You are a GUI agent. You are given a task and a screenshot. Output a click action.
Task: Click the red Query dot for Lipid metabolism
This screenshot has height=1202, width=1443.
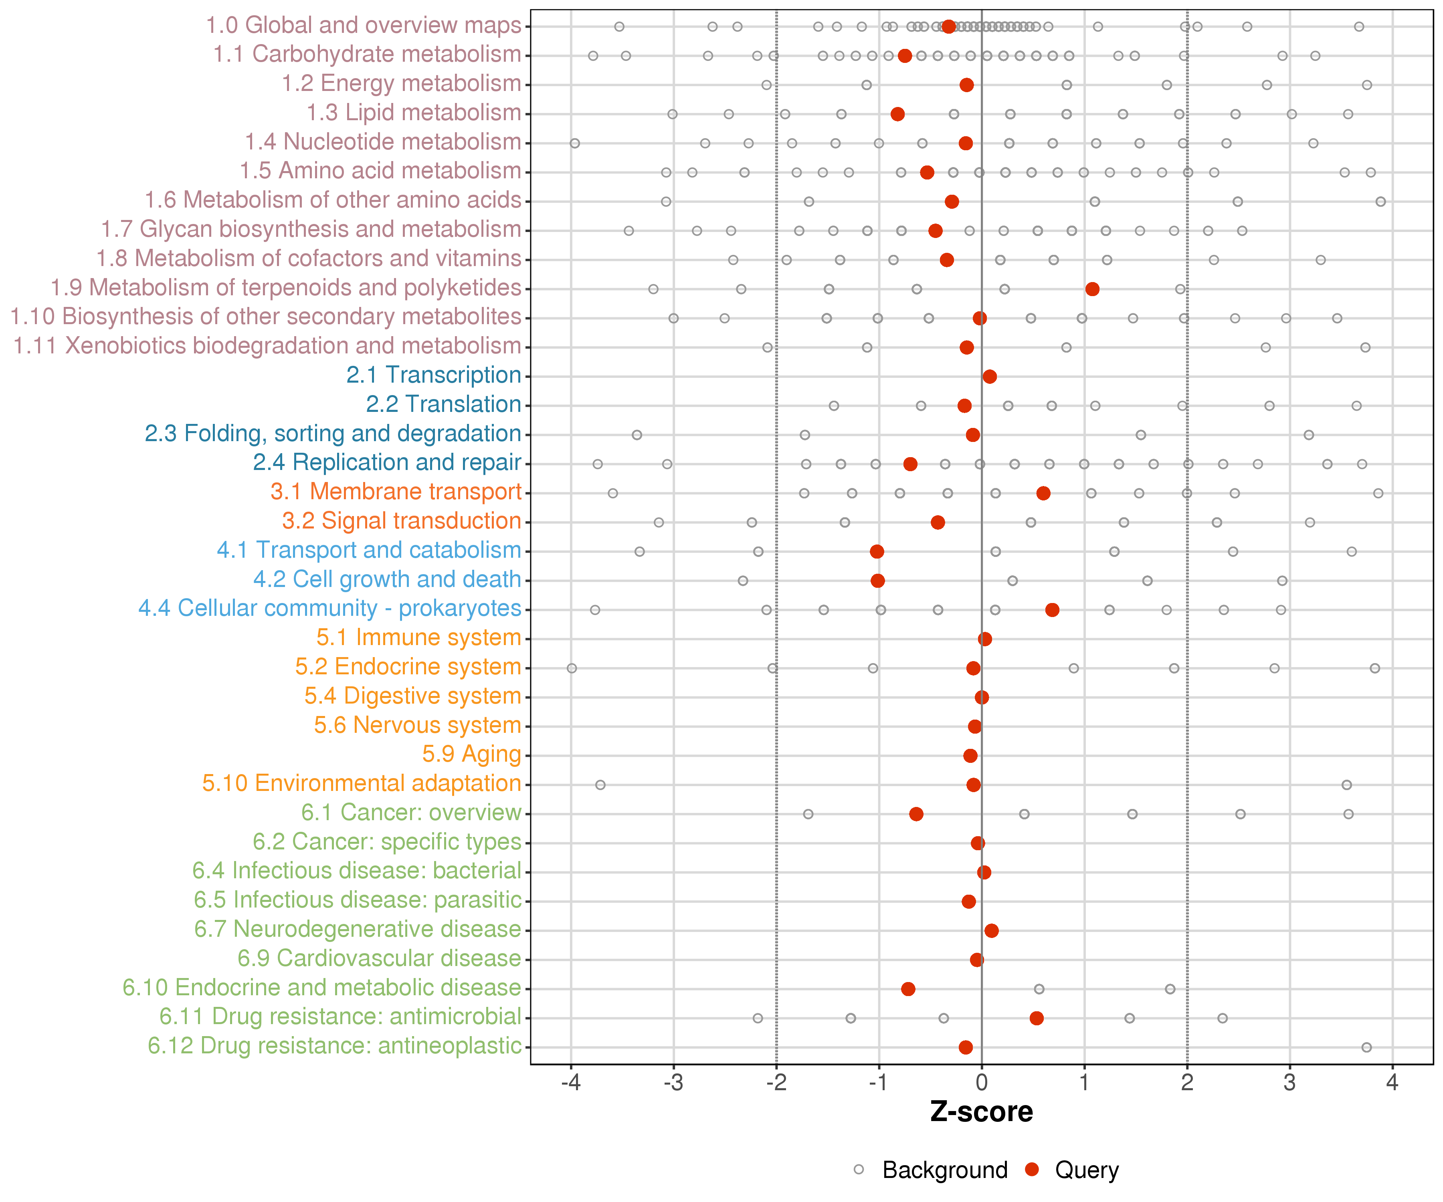point(897,114)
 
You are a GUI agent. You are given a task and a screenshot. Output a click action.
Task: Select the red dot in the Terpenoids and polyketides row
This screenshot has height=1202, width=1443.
point(1092,289)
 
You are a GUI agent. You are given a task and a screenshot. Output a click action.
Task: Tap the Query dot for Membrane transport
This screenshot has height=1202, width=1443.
point(1043,493)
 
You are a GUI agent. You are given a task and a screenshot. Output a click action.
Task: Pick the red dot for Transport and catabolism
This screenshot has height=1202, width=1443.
point(877,552)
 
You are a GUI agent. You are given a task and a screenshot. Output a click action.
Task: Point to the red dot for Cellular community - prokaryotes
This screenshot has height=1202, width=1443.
point(1052,610)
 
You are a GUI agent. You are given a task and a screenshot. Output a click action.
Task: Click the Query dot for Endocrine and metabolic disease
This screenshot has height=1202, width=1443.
point(908,989)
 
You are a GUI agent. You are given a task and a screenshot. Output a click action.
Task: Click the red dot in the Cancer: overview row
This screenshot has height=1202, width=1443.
point(916,814)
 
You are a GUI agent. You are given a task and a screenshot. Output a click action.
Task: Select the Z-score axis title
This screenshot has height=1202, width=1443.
point(981,1112)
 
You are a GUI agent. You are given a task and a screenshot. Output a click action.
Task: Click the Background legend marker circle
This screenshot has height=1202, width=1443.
point(859,1170)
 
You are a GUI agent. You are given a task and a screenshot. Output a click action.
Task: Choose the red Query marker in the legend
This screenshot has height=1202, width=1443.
point(1031,1170)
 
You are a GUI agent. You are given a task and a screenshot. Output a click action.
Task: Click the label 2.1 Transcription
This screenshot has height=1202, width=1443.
point(434,375)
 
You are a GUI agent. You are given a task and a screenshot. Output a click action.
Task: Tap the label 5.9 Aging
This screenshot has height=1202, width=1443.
point(471,754)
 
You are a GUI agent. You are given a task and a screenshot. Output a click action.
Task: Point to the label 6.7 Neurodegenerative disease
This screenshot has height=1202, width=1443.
point(357,929)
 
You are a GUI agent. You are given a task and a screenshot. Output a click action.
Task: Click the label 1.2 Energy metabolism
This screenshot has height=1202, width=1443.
point(401,84)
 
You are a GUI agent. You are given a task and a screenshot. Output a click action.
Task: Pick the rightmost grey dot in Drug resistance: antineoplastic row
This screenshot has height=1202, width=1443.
point(1366,1047)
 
